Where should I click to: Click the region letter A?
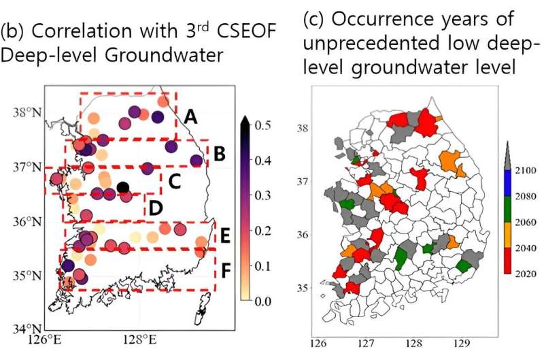click(x=190, y=117)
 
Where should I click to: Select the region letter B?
click(x=219, y=154)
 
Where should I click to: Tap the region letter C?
click(x=173, y=182)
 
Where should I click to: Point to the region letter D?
click(x=155, y=207)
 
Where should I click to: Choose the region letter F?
click(x=226, y=271)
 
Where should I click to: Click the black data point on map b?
click(x=122, y=187)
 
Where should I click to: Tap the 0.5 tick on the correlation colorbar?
click(x=265, y=125)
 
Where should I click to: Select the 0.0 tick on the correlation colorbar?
click(x=265, y=300)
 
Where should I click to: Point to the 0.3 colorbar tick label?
click(x=265, y=195)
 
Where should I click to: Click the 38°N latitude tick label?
click(x=28, y=112)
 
